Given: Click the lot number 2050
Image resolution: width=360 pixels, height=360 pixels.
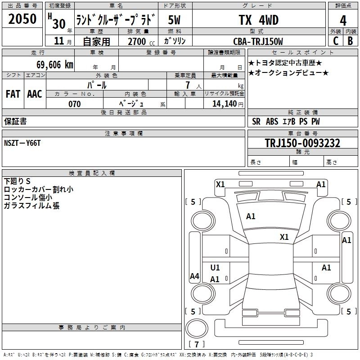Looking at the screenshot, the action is [22, 19].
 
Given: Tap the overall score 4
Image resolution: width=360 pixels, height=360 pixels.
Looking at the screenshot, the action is [343, 21].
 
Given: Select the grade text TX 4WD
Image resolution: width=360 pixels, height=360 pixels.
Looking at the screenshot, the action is [259, 20].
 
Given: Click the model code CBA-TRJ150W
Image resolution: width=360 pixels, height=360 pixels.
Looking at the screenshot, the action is [258, 41].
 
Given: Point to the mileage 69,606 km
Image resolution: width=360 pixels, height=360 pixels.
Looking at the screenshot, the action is [55, 65].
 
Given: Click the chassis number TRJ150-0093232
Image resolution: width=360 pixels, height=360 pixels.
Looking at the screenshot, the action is [302, 143].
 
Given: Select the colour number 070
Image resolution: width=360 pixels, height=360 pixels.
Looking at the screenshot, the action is [75, 104].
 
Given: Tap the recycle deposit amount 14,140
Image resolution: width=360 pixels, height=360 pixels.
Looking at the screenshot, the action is [225, 104].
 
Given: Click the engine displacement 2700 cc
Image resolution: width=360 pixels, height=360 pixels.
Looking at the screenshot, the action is [141, 41].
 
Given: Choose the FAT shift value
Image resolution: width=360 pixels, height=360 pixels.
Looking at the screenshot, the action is [13, 94].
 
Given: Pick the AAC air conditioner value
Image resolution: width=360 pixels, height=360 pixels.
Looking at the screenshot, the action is [35, 94].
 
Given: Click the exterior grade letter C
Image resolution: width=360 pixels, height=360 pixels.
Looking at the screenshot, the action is [336, 41].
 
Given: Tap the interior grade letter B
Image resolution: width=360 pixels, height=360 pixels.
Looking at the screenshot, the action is [351, 41].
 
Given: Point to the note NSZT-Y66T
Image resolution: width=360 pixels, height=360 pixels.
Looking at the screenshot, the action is [22, 143].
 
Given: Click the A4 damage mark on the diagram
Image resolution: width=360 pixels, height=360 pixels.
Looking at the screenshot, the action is [194, 276].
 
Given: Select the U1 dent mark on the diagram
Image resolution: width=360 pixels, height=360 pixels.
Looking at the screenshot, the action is [215, 267].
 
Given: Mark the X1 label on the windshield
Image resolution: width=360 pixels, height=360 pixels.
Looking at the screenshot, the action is [284, 237].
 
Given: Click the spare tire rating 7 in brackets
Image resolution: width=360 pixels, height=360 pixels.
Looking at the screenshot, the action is [197, 344].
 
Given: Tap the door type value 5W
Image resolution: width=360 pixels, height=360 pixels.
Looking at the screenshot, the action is [174, 20].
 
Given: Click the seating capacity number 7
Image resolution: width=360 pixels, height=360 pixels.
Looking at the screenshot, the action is [188, 85].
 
